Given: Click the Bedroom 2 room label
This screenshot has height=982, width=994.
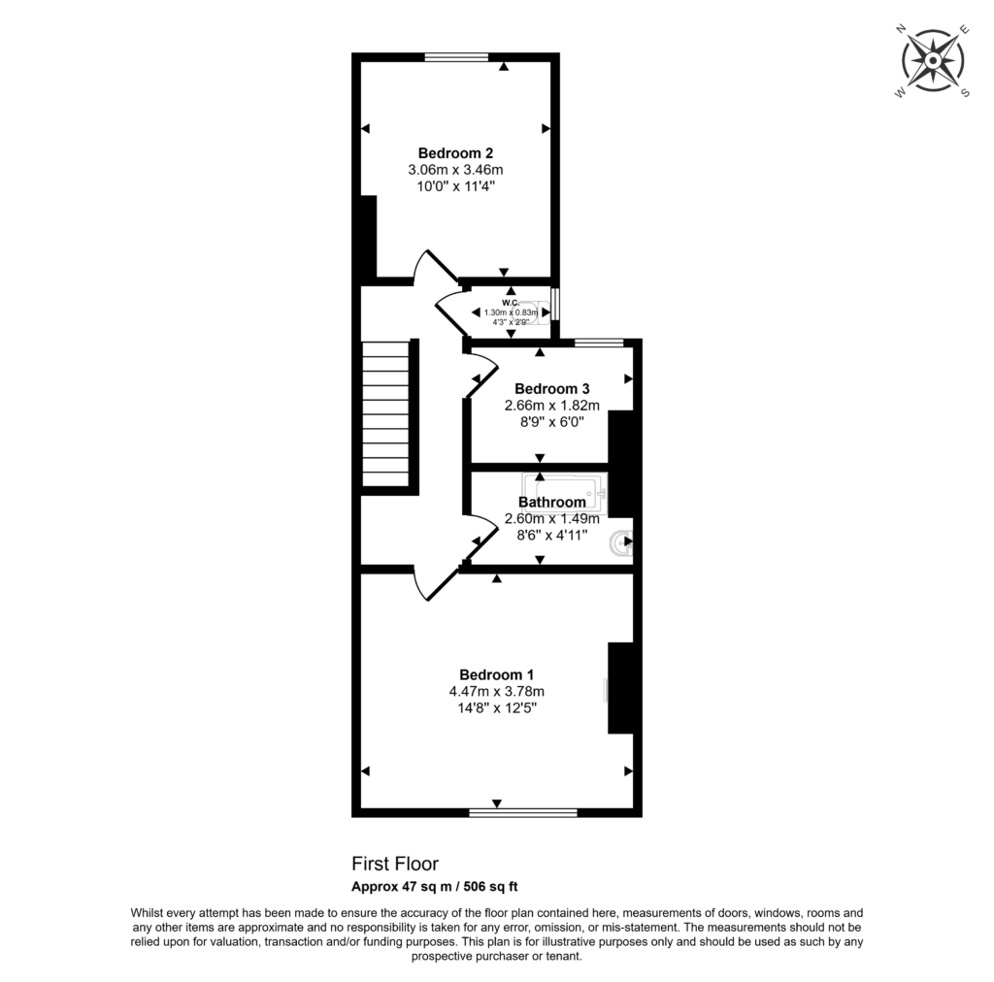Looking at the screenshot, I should click(x=455, y=152).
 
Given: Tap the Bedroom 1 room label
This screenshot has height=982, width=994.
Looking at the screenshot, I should click(x=496, y=674).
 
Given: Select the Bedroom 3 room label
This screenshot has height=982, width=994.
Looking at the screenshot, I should click(x=551, y=388).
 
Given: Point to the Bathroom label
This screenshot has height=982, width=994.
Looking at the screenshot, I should click(x=551, y=502).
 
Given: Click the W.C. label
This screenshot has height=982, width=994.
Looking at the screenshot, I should click(x=511, y=302).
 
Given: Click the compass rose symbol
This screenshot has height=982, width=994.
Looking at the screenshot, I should click(x=932, y=60).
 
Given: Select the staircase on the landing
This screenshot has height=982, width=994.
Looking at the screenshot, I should click(x=386, y=412).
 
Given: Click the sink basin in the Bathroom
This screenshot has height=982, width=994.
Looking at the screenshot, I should click(x=621, y=545).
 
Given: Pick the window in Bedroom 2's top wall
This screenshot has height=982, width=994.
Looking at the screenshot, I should click(x=455, y=57).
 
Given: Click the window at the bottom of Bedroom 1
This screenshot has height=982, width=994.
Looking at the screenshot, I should click(x=523, y=812).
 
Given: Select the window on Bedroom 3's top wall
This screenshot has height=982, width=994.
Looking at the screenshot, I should click(x=598, y=342).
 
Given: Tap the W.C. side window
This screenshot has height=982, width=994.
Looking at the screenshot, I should click(x=555, y=303).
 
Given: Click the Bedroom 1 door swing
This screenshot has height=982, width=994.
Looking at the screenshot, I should click(x=434, y=582).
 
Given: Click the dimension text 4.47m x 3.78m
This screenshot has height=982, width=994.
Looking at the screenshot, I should click(x=496, y=692).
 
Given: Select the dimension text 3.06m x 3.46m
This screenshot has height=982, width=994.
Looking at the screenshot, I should click(x=455, y=170).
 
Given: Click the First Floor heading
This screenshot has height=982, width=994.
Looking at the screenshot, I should click(x=394, y=863).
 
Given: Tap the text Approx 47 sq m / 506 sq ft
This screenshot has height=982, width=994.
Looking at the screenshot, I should click(x=440, y=886).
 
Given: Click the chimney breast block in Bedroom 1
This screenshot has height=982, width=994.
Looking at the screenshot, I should click(x=620, y=688).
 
